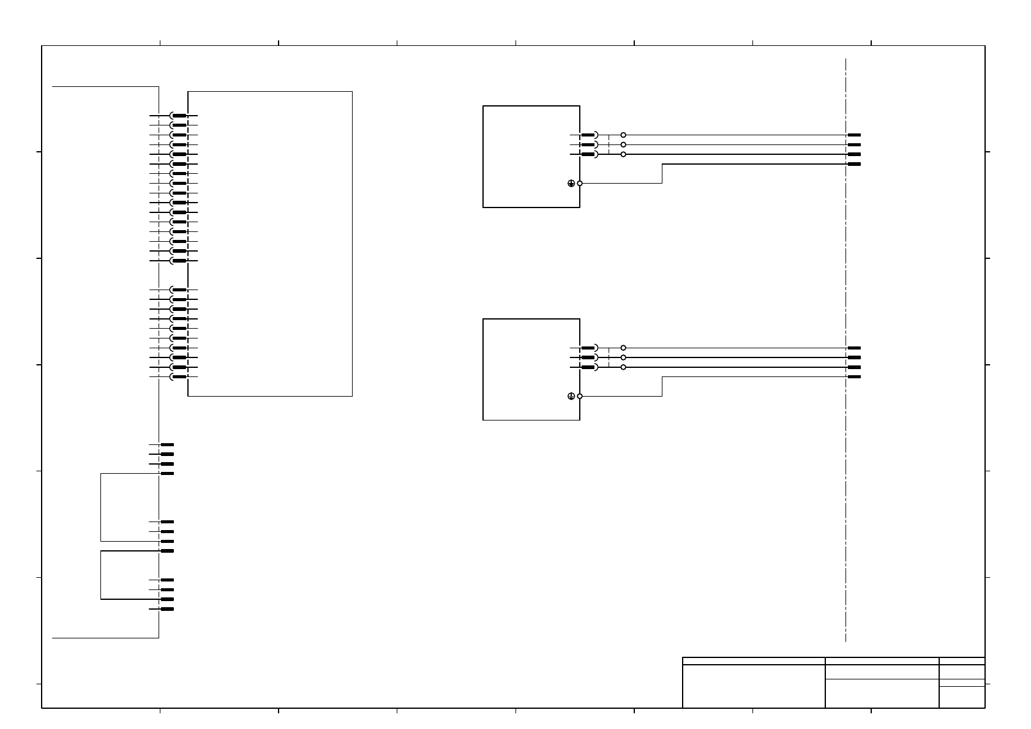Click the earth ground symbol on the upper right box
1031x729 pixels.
(x=571, y=183)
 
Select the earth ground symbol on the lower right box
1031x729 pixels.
(x=571, y=396)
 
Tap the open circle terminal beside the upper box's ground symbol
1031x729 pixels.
(x=580, y=183)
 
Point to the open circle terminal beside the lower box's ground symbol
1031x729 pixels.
(x=580, y=396)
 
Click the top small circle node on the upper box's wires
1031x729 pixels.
(x=623, y=135)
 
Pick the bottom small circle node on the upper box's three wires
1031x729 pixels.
(x=623, y=154)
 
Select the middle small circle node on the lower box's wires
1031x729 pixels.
(x=623, y=357)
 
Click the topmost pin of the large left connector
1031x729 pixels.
(x=179, y=116)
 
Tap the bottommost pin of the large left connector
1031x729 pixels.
(x=179, y=376)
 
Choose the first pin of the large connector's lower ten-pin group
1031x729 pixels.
(x=179, y=290)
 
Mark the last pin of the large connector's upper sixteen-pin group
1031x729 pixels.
(x=179, y=261)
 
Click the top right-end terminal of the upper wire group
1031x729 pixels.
(x=854, y=135)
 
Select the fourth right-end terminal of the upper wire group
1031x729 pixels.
(x=854, y=164)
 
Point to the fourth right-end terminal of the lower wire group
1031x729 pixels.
(x=854, y=376)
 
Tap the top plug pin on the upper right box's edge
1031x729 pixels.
(x=588, y=135)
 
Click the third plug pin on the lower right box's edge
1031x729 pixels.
(x=588, y=367)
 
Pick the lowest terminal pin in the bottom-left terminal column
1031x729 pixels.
(x=167, y=609)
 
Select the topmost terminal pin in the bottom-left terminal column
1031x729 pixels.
(x=167, y=445)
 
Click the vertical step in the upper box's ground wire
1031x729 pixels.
(x=662, y=174)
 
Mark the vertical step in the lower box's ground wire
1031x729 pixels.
(x=662, y=386)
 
